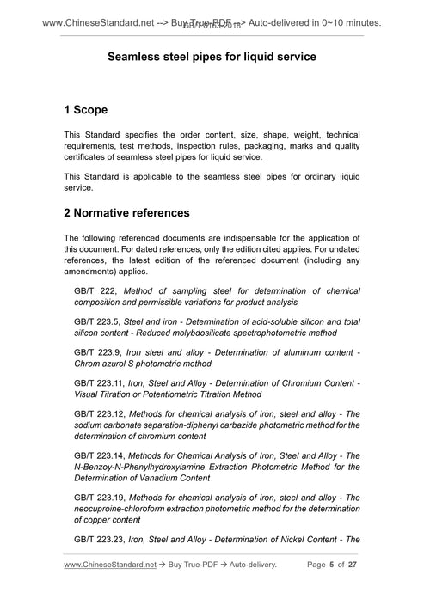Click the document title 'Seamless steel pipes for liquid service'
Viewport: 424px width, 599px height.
tap(212, 56)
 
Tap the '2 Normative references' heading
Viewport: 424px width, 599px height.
tap(126, 211)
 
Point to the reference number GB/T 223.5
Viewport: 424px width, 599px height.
tap(99, 321)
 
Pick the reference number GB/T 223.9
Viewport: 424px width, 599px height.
tap(99, 351)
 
